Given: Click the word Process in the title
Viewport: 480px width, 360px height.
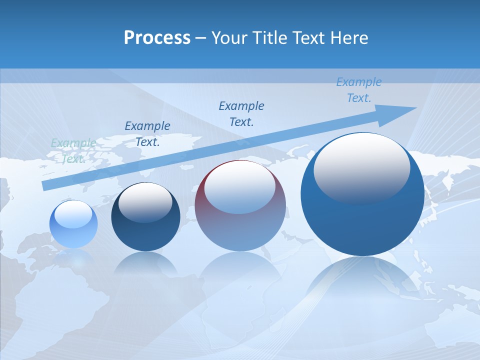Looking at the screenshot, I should (157, 38).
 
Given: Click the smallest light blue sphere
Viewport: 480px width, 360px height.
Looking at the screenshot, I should (73, 224).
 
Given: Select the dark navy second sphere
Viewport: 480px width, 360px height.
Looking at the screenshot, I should (145, 217).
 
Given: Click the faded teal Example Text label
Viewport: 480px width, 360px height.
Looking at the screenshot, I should (73, 150).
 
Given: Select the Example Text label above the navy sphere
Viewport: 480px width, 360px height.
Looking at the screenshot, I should (147, 133).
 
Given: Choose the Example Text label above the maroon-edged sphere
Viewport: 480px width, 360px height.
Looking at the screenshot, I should (241, 113).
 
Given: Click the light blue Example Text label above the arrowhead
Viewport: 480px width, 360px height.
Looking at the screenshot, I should (359, 90).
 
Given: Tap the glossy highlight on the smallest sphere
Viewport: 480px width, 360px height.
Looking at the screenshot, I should (73, 212).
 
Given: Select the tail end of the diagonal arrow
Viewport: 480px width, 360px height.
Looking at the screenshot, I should (46, 185).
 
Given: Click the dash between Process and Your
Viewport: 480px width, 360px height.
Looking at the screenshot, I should (201, 38).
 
